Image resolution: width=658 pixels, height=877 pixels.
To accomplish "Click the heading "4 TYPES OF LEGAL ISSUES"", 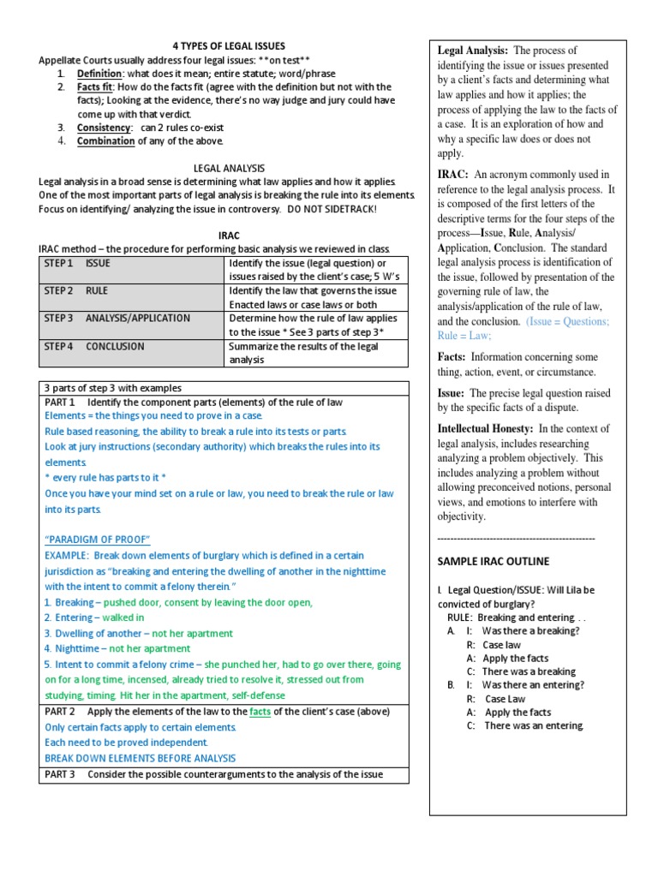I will click(224, 45).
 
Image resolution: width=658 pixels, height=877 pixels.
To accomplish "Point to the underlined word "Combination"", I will click(105, 141).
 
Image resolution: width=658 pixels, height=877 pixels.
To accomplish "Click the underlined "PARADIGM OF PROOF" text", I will click(97, 539).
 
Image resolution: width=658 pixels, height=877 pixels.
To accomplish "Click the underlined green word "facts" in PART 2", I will click(260, 712).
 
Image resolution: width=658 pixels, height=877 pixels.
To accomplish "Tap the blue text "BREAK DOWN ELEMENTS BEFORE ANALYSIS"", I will click(140, 758).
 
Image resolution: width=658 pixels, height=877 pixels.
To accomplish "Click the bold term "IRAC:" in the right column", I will click(452, 174).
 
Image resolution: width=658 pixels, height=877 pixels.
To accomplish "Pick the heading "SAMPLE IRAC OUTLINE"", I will click(493, 561).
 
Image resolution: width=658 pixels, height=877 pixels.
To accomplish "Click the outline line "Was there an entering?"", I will click(533, 685).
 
